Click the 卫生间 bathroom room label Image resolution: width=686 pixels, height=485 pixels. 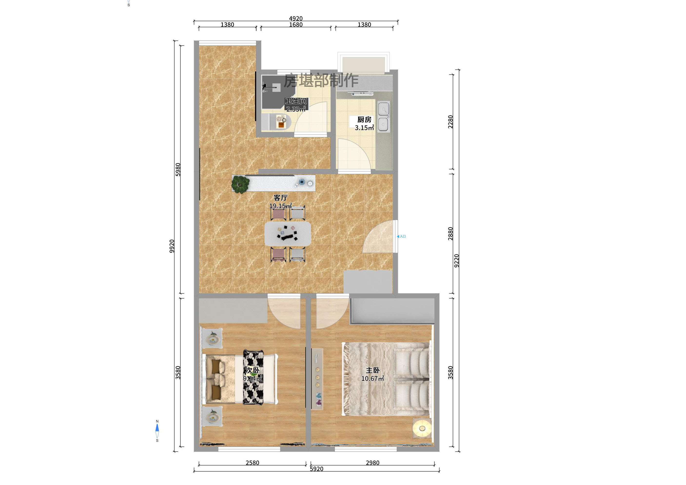[296, 101]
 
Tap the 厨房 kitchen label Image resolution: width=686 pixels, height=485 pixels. [364, 119]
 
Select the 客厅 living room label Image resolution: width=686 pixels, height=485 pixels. [281, 198]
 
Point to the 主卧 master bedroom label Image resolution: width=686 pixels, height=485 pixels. [372, 370]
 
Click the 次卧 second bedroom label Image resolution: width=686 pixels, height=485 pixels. [253, 370]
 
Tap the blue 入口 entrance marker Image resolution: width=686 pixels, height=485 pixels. [401, 236]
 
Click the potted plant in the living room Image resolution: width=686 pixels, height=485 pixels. [240, 184]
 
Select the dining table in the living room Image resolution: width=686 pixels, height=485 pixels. [288, 233]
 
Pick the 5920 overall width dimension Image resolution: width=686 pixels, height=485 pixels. [316, 469]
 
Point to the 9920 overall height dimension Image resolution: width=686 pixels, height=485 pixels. [172, 246]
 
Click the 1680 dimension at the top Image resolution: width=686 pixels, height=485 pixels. [296, 24]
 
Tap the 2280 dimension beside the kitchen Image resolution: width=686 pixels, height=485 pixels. [450, 122]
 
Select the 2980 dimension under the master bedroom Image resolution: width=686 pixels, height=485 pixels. [372, 463]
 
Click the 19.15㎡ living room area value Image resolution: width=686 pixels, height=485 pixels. [281, 206]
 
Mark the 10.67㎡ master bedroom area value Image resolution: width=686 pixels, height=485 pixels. [372, 378]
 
